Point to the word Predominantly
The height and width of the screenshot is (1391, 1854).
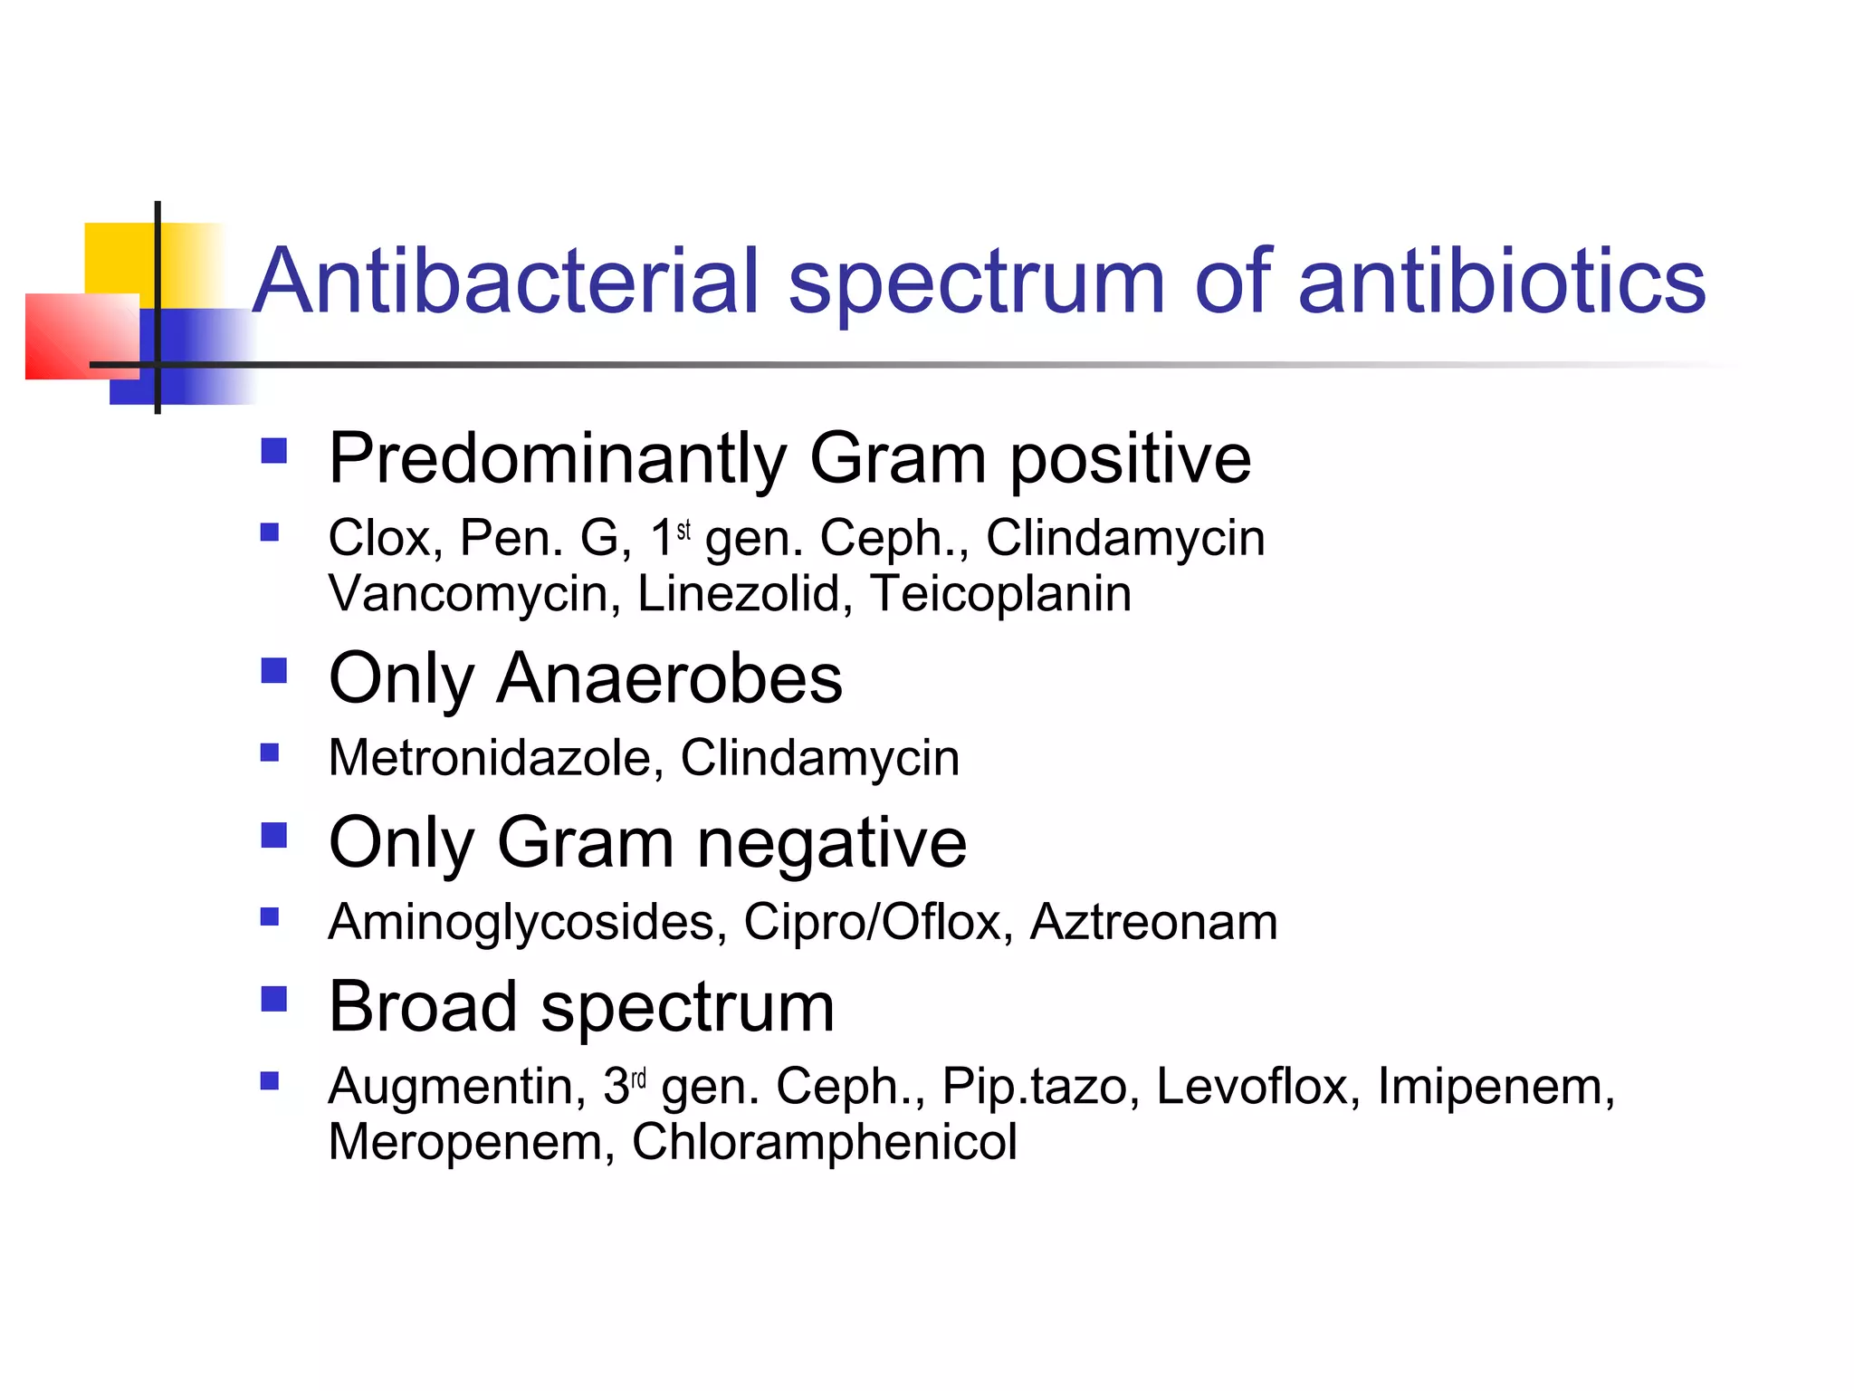(x=557, y=459)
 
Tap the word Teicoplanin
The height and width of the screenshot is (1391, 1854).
(x=1000, y=594)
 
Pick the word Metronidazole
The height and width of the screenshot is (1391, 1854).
(x=489, y=757)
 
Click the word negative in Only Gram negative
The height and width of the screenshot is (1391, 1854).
(x=831, y=843)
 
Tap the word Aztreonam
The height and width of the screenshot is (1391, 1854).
(x=1153, y=922)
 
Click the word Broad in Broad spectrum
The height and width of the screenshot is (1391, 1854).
(x=422, y=1007)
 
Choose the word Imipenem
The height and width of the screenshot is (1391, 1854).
(x=1495, y=1086)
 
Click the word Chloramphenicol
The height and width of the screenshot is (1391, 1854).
(x=824, y=1141)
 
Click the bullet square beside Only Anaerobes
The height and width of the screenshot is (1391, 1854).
(x=273, y=671)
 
